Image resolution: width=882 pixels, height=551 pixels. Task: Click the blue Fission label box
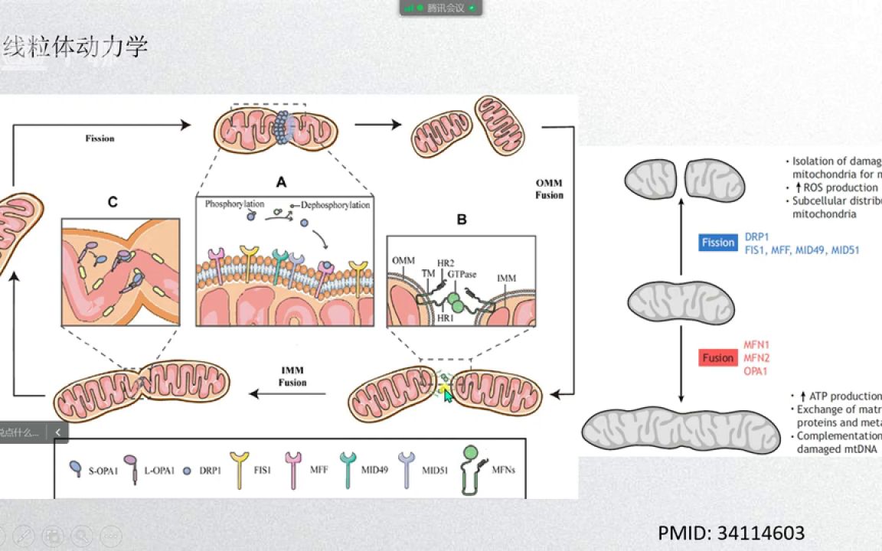coord(718,243)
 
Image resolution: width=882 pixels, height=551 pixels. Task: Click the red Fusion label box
coord(717,357)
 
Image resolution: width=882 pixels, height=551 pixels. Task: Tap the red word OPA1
coord(755,371)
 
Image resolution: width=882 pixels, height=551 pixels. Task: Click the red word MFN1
coord(756,344)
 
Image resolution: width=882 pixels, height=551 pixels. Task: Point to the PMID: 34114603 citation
coord(730,533)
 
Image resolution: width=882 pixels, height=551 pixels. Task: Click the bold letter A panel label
coord(281,182)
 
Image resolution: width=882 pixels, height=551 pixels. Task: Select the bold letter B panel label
coord(462,220)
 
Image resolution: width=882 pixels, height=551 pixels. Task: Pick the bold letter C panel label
coord(113,202)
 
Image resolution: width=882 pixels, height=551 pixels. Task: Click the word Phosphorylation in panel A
coord(234,205)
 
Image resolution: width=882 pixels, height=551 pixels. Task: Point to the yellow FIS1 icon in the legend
coord(240,465)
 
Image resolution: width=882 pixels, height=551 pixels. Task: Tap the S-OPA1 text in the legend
coord(104,470)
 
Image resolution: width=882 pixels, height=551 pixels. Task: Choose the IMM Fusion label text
coord(292,377)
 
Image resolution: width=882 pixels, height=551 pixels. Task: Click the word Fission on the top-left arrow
coord(100,139)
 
